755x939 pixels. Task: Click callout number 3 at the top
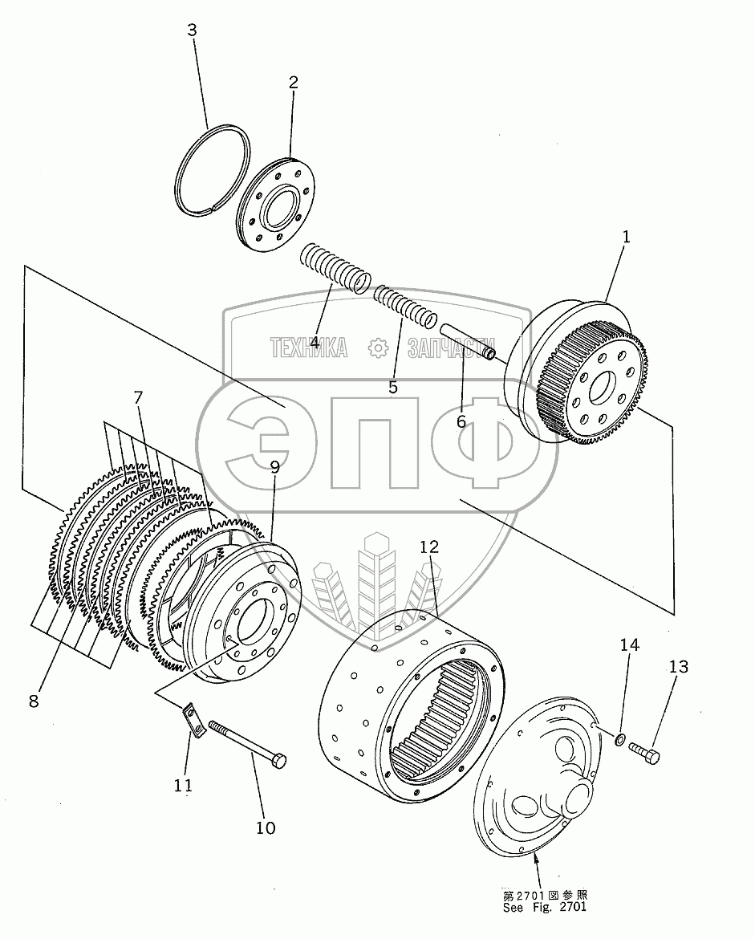[x=192, y=30]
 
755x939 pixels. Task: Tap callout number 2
[x=294, y=83]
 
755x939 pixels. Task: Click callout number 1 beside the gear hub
[x=627, y=237]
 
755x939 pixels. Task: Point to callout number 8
[x=34, y=701]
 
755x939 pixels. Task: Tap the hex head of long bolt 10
[x=278, y=761]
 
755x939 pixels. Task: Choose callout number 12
[x=429, y=547]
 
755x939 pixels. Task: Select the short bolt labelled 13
[x=644, y=751]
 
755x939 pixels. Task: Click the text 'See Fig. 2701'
[x=544, y=907]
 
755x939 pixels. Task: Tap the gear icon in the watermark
[x=378, y=348]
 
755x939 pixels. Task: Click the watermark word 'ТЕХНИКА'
[x=309, y=348]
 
